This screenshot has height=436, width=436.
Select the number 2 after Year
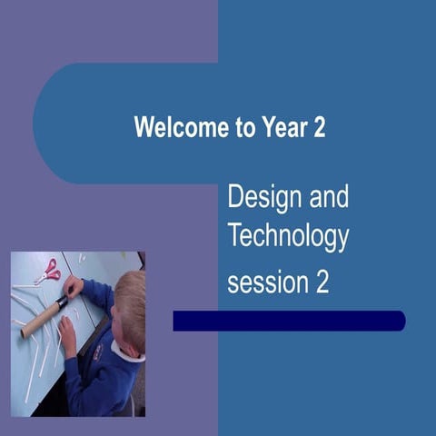pyautogui.click(x=319, y=127)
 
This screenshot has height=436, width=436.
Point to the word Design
pyautogui.click(x=263, y=198)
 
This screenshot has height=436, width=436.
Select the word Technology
pyautogui.click(x=288, y=237)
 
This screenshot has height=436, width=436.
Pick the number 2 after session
pyautogui.click(x=322, y=282)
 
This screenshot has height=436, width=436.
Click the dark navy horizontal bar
pyautogui.click(x=289, y=321)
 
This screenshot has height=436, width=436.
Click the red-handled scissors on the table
pyautogui.click(x=47, y=271)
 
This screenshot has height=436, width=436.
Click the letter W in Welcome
pyautogui.click(x=143, y=127)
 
